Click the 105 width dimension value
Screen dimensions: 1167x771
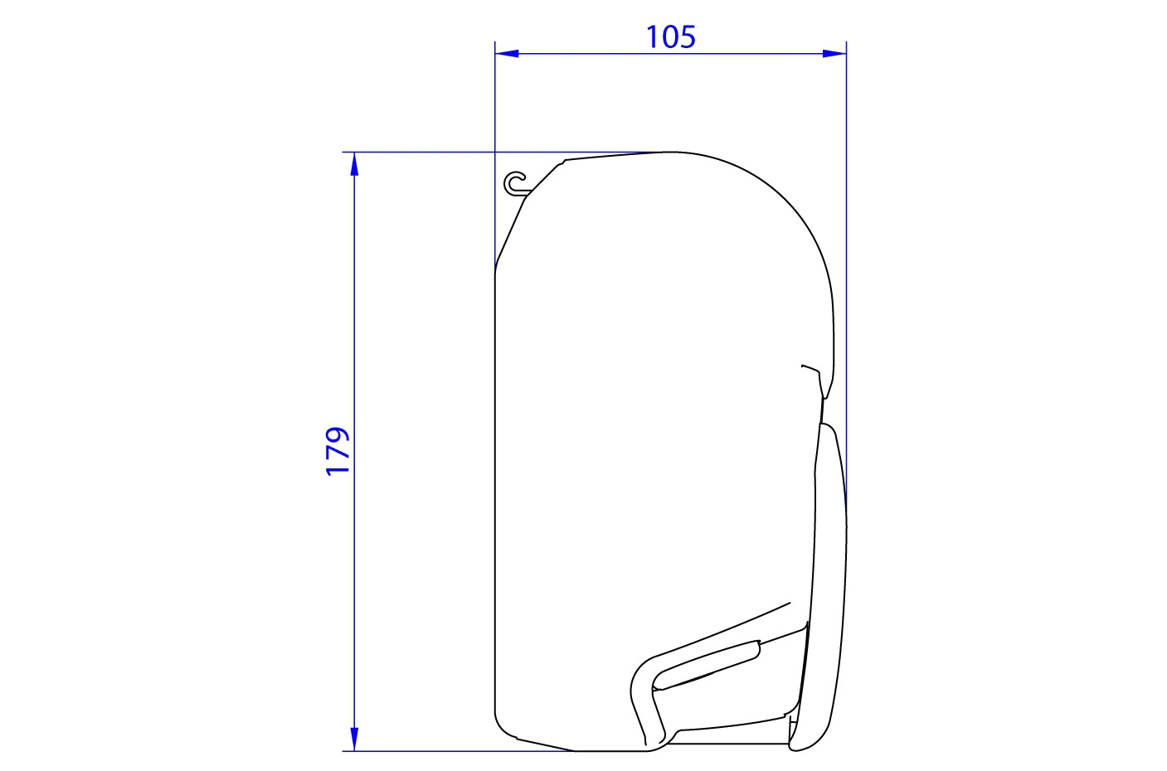pos(670,37)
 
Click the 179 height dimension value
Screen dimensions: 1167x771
pos(337,451)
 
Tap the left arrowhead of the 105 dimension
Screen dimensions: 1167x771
pos(507,53)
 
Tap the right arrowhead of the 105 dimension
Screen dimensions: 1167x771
pos(834,53)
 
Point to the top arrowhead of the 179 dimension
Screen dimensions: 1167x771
pos(354,164)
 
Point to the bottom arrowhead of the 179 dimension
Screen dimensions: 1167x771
pos(354,739)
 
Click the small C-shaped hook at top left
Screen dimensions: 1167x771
pos(515,184)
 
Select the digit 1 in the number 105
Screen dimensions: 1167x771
pos(652,37)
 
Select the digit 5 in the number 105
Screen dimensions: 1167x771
pos(688,37)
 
